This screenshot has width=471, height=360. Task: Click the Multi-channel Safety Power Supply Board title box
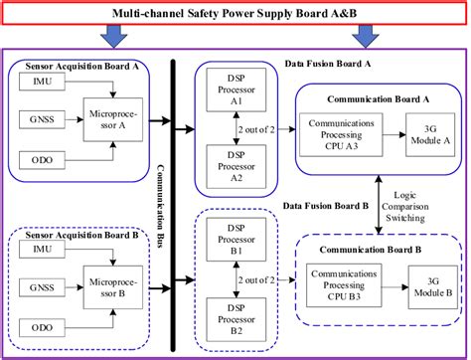235,13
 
